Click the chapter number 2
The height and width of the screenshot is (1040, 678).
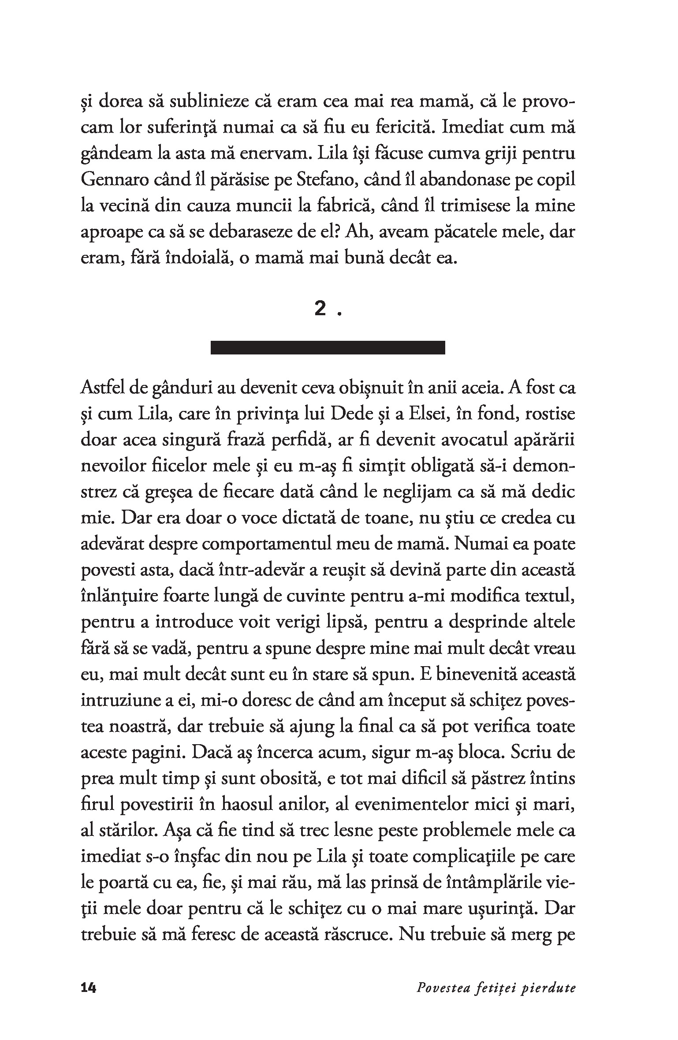pos(320,310)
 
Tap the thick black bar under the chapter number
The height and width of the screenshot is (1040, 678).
pos(328,347)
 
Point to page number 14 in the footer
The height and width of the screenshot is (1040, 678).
pos(89,976)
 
